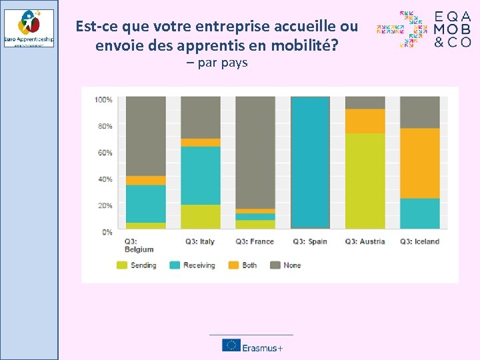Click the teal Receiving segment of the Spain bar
(x=311, y=163)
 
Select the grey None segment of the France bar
(x=255, y=153)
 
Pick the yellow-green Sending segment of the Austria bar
(x=365, y=181)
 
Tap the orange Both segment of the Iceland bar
(x=420, y=163)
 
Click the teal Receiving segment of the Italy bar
(x=201, y=175)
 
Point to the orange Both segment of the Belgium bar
(x=146, y=180)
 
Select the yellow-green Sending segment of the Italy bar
(x=201, y=217)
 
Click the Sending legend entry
(x=137, y=265)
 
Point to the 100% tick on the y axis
(x=103, y=100)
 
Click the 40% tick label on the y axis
(x=105, y=179)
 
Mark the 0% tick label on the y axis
(x=107, y=232)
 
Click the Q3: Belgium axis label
(x=139, y=245)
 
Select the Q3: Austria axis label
(x=365, y=241)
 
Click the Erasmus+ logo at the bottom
(x=253, y=345)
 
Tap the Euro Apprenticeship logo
(x=29, y=28)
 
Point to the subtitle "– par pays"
(x=217, y=63)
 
